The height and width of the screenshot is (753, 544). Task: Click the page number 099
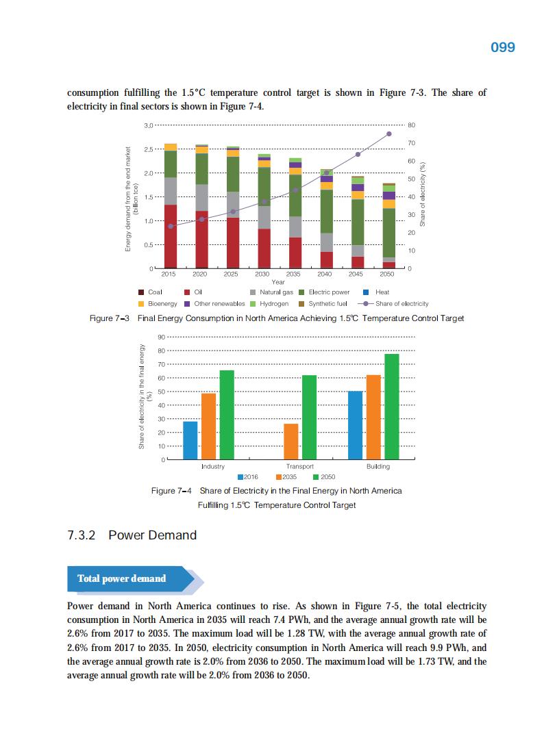pos(503,47)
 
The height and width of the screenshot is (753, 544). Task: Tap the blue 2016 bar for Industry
pos(190,440)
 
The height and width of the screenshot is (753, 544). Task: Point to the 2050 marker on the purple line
pos(389,133)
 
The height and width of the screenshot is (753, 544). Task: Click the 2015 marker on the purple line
pos(171,226)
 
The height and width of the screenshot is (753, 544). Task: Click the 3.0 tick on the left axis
pos(149,125)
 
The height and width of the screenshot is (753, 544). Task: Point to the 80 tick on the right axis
pos(411,125)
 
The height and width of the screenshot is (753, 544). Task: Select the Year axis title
pos(278,282)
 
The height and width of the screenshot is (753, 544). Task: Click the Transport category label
pos(300,467)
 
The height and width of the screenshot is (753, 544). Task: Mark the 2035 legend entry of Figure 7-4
pos(284,476)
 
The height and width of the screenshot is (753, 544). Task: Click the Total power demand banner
pos(122,578)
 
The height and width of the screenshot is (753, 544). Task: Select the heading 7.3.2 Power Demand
pos(132,535)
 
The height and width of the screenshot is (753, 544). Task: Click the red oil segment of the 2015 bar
pos(171,236)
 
